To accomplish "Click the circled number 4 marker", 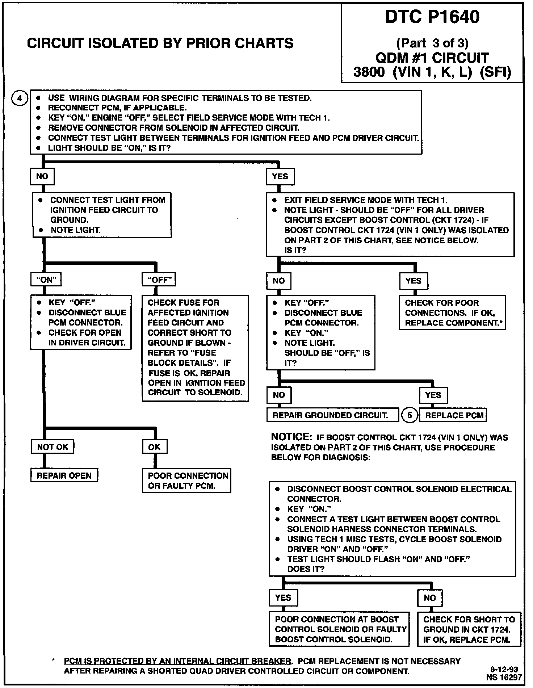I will point(20,98).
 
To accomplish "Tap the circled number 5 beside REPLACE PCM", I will point(410,415).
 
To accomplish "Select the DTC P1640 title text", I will point(432,17).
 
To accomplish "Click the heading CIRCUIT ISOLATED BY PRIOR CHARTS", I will point(160,43).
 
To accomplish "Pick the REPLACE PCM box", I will point(453,415).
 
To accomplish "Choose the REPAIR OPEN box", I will point(64,475).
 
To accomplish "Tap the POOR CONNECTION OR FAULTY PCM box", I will point(186,481).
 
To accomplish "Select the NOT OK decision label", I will point(53,447).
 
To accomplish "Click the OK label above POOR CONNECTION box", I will point(154,447).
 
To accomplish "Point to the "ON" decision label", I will point(46,280).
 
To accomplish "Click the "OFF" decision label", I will point(159,280).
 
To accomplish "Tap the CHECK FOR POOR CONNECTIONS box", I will point(452,312).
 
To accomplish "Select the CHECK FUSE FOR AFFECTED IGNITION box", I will point(195,348).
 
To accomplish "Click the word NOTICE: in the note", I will point(291,437).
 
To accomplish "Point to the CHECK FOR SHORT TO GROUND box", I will point(469,629).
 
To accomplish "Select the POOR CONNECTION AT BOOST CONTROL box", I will point(339,629).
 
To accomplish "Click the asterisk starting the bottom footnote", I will point(53,661).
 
